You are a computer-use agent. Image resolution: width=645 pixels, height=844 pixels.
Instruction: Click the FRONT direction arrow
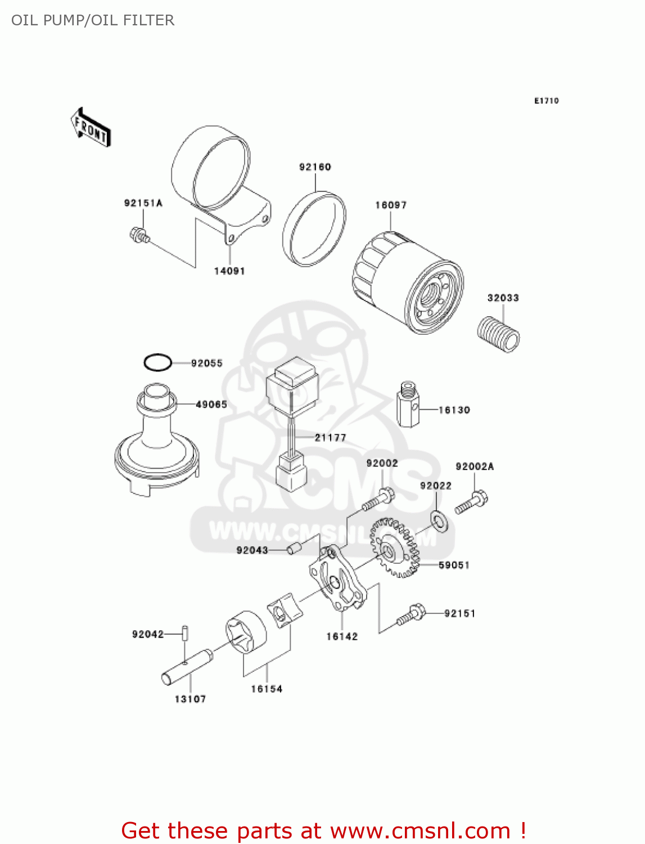tap(90, 128)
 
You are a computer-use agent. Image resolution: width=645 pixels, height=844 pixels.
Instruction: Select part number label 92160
tap(315, 167)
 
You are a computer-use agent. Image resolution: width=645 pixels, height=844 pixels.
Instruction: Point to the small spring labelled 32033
tap(499, 335)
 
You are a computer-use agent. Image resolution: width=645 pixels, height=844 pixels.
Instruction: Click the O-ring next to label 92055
tap(157, 363)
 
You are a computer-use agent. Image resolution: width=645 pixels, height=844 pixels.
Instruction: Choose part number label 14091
tap(229, 271)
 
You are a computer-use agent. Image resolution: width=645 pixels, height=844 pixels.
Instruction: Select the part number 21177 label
tap(331, 438)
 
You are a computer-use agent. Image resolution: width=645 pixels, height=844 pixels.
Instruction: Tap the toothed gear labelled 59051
tap(395, 549)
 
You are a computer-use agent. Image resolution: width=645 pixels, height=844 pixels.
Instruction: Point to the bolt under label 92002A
tap(471, 502)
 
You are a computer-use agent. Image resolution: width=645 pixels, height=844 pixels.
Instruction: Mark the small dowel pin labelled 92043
tap(295, 547)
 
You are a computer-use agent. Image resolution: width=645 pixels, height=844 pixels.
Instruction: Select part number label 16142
tap(342, 636)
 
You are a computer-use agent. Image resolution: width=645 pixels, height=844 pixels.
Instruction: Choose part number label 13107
tap(190, 699)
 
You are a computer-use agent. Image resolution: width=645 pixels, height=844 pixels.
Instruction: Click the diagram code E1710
tap(547, 101)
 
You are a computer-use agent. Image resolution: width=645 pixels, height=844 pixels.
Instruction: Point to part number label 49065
tap(211, 405)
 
